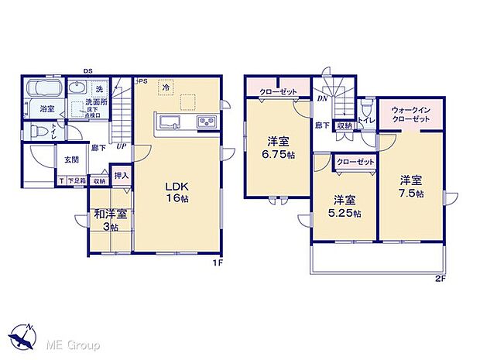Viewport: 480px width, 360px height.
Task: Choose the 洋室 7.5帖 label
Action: (x=411, y=187)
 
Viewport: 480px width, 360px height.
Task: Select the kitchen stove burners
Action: (x=207, y=122)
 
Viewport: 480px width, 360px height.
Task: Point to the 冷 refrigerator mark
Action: (x=166, y=88)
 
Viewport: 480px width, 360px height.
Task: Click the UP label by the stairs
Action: (x=122, y=145)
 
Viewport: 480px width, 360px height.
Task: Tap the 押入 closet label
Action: (x=121, y=176)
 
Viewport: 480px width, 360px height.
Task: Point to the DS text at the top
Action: (x=88, y=71)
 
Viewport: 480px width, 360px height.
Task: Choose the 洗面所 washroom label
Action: (x=96, y=102)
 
